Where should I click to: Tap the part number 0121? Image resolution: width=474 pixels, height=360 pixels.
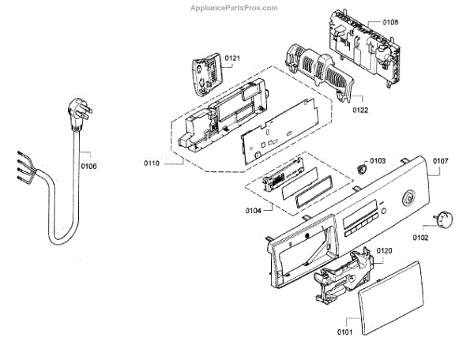[232, 58]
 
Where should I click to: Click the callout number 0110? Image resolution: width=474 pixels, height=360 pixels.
[152, 163]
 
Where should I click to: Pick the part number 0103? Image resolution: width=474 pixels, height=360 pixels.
[377, 160]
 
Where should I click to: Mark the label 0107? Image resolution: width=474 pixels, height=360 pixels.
[440, 161]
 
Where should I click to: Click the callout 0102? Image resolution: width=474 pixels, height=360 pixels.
[419, 236]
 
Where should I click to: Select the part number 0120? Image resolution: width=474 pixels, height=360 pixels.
[384, 251]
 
